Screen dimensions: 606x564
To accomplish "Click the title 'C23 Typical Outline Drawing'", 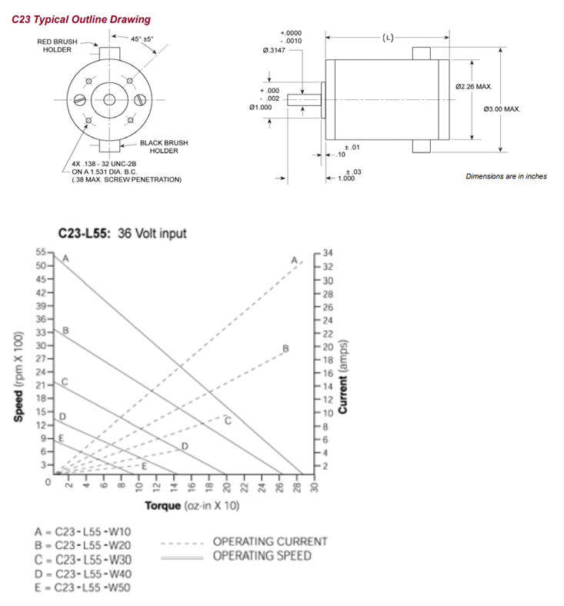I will (x=82, y=19).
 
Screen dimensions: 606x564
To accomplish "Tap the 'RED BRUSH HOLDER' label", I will (x=57, y=45).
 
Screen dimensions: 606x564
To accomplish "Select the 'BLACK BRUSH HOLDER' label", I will (x=163, y=146).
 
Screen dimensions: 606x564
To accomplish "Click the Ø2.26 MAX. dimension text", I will (x=473, y=87).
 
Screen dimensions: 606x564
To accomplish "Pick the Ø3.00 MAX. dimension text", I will (x=502, y=109).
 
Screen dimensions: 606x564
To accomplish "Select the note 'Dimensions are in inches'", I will (x=506, y=176).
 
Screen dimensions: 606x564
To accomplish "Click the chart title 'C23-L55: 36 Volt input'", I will (x=122, y=234).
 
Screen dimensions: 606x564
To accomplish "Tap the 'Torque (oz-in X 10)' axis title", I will (x=192, y=506).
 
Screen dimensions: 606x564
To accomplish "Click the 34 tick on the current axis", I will (x=328, y=253).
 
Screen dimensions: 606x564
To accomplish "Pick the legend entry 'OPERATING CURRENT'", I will (x=269, y=542).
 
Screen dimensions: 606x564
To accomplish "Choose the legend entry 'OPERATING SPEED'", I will (x=262, y=555).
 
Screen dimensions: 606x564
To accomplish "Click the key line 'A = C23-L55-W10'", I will (x=82, y=531).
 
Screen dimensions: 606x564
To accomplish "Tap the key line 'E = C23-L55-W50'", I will (x=82, y=587).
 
